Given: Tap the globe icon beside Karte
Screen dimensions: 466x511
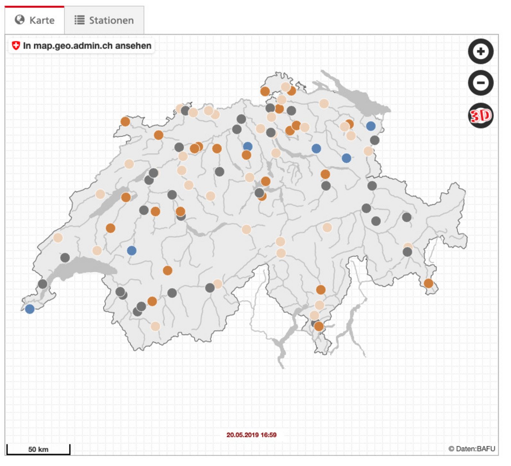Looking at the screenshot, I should coord(20,20).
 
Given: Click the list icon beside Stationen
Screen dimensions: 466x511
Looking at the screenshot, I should coord(80,20).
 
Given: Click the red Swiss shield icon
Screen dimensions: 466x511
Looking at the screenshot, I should coord(16,46).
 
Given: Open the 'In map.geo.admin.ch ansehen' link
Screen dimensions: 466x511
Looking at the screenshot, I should coord(87,46).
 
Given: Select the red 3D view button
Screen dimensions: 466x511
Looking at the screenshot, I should coord(481,116).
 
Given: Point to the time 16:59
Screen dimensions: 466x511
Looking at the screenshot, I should coord(269,435).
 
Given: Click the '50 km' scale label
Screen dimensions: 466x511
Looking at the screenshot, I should coord(38,449).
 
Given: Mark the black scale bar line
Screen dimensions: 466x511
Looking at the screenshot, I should coord(38,454).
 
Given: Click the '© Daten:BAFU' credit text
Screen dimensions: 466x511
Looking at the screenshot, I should coord(472,449).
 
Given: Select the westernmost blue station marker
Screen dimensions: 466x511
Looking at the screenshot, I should coord(30,309).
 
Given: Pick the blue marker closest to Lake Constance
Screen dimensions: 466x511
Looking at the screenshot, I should coord(370,126).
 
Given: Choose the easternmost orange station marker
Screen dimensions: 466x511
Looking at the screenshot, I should coord(429,283).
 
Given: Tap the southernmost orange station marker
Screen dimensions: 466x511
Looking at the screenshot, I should coord(319,326).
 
